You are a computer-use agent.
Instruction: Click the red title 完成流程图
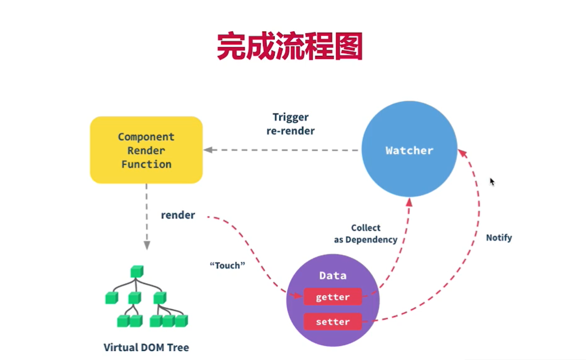(x=290, y=46)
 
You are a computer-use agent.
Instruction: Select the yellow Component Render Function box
(x=146, y=150)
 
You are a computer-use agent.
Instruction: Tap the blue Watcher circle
(x=410, y=149)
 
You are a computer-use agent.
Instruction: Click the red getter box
(x=332, y=297)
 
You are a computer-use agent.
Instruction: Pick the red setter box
(x=332, y=322)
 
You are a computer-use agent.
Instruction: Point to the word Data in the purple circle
(x=333, y=276)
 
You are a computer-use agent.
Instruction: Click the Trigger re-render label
(x=291, y=124)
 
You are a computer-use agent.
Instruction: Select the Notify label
(x=499, y=238)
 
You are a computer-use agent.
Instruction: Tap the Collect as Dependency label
(x=366, y=234)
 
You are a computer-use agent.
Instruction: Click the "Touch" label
(x=228, y=266)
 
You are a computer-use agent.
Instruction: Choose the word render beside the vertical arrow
(x=178, y=215)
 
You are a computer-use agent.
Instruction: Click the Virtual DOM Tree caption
(x=146, y=347)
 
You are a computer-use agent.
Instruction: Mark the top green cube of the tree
(x=137, y=271)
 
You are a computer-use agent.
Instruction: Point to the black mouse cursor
(x=492, y=182)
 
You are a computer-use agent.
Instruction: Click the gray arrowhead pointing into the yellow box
(x=208, y=150)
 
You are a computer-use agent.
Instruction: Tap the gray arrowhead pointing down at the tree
(x=147, y=246)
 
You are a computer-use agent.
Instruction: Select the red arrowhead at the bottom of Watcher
(x=410, y=202)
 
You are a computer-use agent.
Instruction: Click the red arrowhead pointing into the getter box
(x=298, y=296)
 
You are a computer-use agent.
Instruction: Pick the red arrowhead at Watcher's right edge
(x=462, y=153)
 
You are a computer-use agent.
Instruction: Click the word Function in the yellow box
(x=146, y=164)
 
